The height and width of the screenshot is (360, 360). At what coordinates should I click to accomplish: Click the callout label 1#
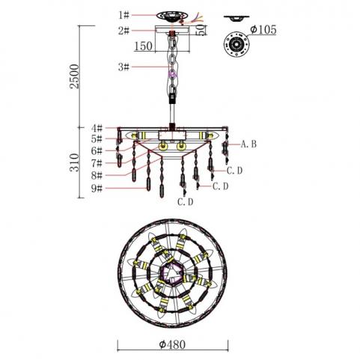pyautogui.click(x=124, y=15)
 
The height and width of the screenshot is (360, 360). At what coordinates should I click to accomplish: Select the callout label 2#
pyautogui.click(x=124, y=31)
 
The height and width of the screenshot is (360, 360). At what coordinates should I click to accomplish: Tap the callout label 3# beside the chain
pyautogui.click(x=124, y=67)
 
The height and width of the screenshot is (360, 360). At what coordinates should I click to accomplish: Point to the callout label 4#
pyautogui.click(x=97, y=128)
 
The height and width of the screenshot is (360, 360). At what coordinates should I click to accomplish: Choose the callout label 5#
pyautogui.click(x=97, y=139)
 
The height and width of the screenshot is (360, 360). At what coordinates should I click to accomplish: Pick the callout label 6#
pyautogui.click(x=97, y=150)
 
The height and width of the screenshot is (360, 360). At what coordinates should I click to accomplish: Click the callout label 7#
pyautogui.click(x=97, y=163)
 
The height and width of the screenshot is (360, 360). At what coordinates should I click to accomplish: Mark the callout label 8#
pyautogui.click(x=97, y=175)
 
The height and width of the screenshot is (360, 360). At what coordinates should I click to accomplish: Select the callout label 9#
pyautogui.click(x=97, y=188)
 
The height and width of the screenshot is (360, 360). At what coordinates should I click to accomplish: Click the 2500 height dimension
pyautogui.click(x=74, y=76)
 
